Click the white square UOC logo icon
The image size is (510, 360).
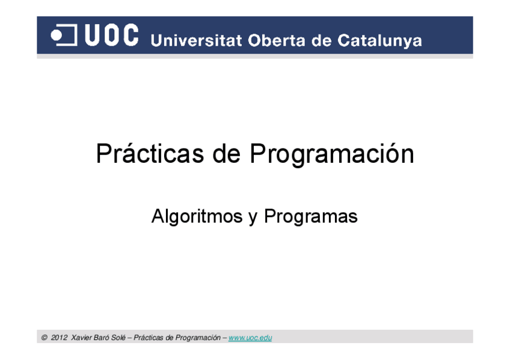(x=64, y=35)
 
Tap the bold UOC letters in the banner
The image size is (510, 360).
(x=112, y=35)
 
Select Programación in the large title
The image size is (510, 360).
(x=332, y=155)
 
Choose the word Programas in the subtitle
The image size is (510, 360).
(x=310, y=216)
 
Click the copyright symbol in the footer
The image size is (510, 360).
(x=45, y=338)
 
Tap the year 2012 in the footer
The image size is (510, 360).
(x=59, y=338)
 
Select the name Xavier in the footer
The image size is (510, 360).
(x=81, y=338)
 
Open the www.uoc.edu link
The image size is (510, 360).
(x=250, y=338)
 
